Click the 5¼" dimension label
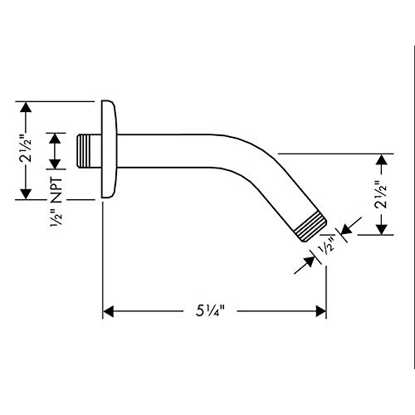point(209,311)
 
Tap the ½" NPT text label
point(56,202)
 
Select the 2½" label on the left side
point(26,150)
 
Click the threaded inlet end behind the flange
point(84,151)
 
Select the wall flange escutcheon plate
point(109,149)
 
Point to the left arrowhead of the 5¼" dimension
point(108,311)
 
